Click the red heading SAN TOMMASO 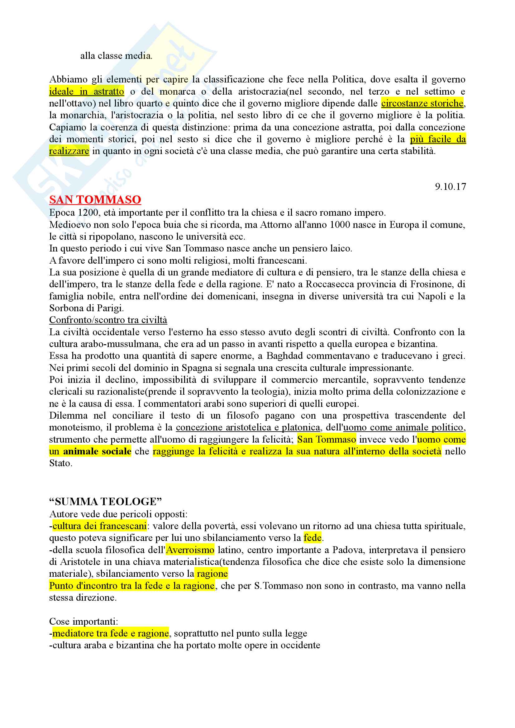click(95, 200)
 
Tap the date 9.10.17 click(450, 186)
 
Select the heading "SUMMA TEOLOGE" click(105, 502)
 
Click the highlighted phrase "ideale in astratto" click(86, 92)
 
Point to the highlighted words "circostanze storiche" click(422, 103)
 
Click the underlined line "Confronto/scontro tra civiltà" click(108, 320)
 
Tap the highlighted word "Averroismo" click(190, 550)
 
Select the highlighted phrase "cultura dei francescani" click(99, 526)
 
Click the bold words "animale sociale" click(97, 451)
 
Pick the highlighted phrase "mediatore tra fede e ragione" click(110, 633)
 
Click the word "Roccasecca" click(330, 284)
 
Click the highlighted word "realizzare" click(69, 151)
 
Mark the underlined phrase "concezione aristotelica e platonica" click(248, 427)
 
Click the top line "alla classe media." click(116, 56)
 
